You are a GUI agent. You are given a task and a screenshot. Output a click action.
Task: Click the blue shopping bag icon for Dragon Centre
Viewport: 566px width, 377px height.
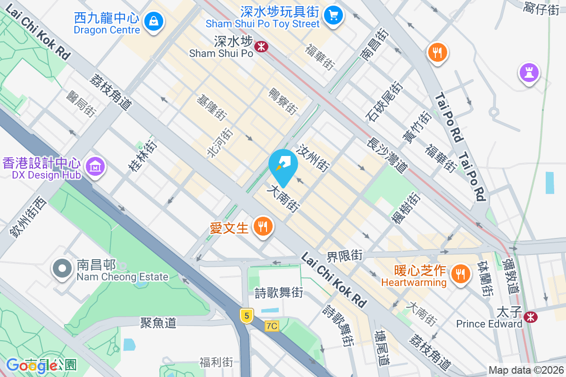(x=154, y=21)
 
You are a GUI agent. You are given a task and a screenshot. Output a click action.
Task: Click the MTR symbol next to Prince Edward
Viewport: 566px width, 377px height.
(x=531, y=317)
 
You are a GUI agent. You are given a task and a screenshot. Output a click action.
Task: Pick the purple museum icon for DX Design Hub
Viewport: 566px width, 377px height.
(x=96, y=166)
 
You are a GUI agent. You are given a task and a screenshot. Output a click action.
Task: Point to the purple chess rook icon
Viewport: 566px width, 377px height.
(x=529, y=73)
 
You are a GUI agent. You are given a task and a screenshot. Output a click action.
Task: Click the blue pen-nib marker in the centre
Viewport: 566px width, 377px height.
(x=283, y=166)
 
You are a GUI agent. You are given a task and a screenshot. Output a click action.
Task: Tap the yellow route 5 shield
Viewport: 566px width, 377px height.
(x=246, y=315)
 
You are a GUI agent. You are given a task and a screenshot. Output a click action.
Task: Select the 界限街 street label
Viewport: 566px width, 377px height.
(x=345, y=255)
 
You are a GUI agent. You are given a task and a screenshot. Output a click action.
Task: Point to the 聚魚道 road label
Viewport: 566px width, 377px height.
(x=158, y=322)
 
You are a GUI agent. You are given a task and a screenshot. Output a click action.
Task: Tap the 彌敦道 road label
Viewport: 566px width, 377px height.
(x=511, y=276)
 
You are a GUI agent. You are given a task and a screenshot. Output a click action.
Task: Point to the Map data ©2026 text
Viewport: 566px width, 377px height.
(x=526, y=370)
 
